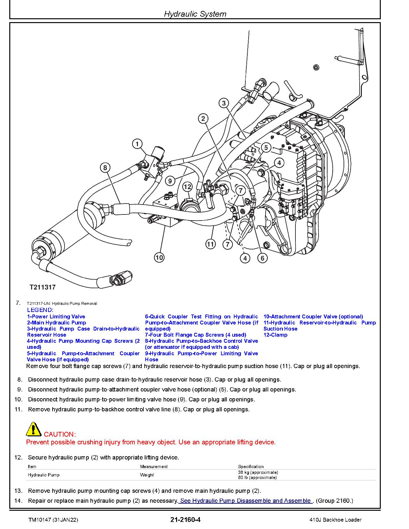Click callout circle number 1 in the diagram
[137, 144]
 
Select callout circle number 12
[187, 187]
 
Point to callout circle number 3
[224, 103]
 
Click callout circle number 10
[159, 257]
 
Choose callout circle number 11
[210, 244]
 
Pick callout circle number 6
[262, 258]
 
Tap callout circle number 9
[170, 181]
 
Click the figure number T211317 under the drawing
[43, 287]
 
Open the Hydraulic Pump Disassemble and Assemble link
[245, 501]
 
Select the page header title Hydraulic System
[195, 14]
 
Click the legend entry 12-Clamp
[275, 335]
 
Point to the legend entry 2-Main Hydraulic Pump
[56, 323]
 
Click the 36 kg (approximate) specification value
[258, 472]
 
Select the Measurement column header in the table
[154, 466]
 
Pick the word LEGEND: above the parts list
[40, 310]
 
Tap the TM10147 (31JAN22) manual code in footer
[53, 520]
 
